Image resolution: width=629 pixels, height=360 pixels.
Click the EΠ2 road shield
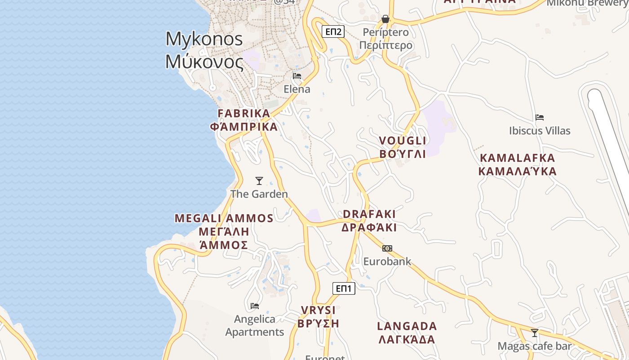(333, 31)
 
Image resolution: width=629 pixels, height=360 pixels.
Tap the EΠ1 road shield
(344, 288)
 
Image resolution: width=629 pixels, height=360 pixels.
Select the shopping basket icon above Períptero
(385, 19)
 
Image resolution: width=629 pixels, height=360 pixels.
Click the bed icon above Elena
(297, 76)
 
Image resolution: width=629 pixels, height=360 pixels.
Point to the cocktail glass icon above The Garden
(259, 181)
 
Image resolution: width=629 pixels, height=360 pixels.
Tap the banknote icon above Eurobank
(387, 248)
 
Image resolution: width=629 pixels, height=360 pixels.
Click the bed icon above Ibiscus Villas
(540, 117)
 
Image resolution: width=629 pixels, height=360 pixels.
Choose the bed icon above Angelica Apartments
(255, 306)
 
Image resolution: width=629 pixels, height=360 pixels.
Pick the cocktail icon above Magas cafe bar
(535, 333)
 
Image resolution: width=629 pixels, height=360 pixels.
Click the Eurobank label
(387, 261)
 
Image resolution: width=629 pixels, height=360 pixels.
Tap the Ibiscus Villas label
(540, 131)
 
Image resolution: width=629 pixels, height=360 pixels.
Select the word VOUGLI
(403, 141)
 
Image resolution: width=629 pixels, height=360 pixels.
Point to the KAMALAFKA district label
(518, 158)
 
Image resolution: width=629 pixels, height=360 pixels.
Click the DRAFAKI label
(369, 214)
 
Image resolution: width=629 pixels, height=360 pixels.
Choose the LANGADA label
(407, 326)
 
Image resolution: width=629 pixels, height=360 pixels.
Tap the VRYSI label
(319, 310)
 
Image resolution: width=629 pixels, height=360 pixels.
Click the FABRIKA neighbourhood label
(244, 113)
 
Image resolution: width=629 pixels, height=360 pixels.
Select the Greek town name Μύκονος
(204, 61)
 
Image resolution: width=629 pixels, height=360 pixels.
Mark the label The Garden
(259, 194)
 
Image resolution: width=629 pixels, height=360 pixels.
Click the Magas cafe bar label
(535, 346)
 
